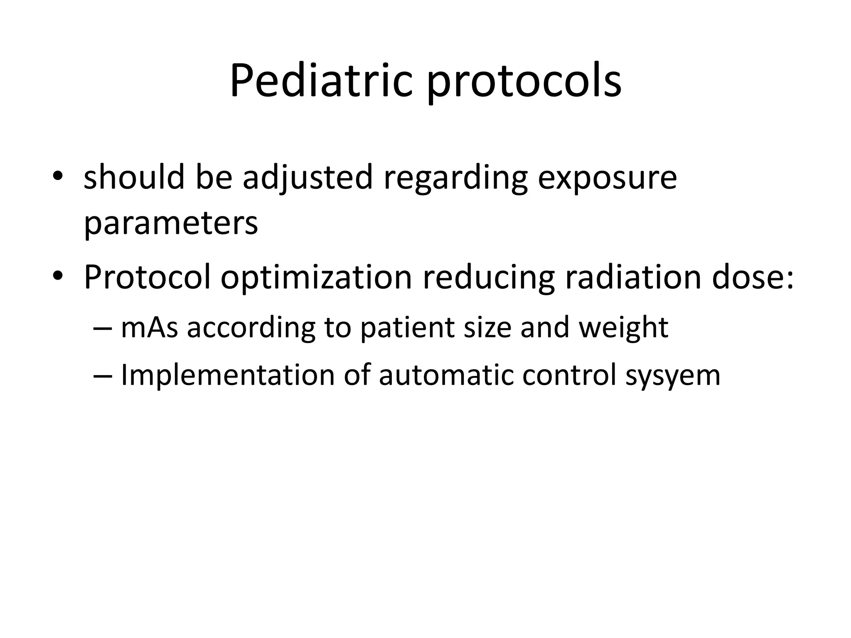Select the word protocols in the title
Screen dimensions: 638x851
tap(524, 83)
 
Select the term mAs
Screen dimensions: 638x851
tap(149, 327)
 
